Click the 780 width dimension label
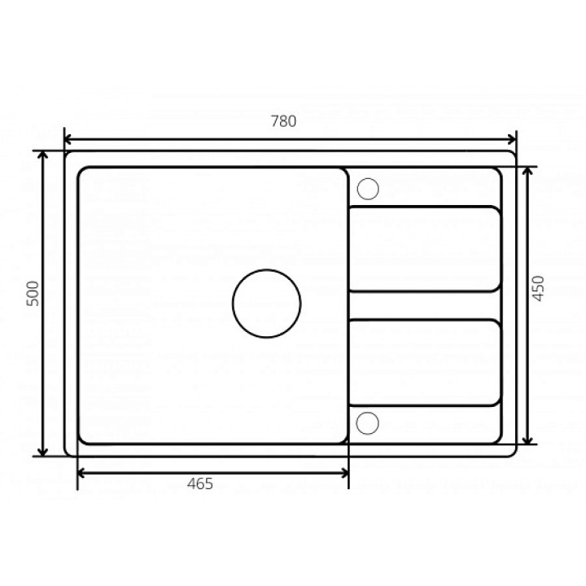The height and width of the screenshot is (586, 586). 284,121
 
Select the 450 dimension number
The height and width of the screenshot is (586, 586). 538,288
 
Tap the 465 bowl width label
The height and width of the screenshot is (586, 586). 200,484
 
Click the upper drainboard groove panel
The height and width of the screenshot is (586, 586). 425,248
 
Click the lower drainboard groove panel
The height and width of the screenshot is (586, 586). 425,362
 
